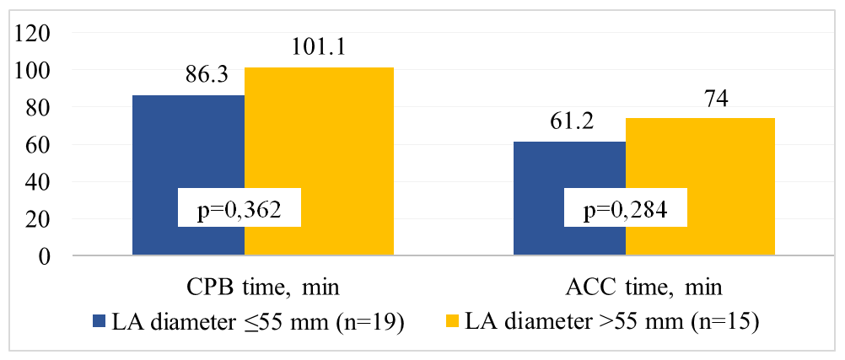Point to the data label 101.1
pyautogui.click(x=320, y=50)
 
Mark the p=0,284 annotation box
pyautogui.click(x=626, y=210)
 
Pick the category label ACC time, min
pyautogui.click(x=645, y=288)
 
